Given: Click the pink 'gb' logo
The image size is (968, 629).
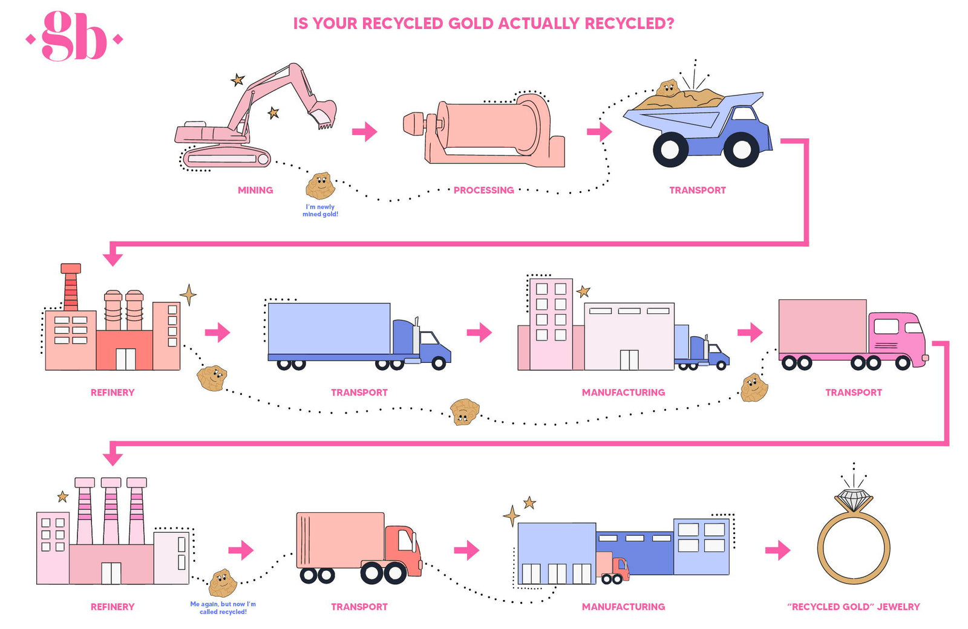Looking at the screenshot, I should point(74,37).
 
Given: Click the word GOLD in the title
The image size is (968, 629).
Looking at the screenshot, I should point(471,24).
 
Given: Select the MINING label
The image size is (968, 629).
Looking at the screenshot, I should point(255,190).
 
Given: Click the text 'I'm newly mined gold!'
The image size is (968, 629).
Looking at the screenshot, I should point(320,210).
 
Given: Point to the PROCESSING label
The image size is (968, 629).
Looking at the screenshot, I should point(483,190).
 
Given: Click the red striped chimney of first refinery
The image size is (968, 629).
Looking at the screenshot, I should point(71,287).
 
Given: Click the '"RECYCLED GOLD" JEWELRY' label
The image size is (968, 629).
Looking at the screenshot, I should point(853,607).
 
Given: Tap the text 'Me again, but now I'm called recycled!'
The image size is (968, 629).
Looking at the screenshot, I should point(223,608).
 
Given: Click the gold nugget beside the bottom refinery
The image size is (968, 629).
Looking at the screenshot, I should point(221,582).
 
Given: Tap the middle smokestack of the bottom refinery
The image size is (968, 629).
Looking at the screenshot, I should point(111,511).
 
